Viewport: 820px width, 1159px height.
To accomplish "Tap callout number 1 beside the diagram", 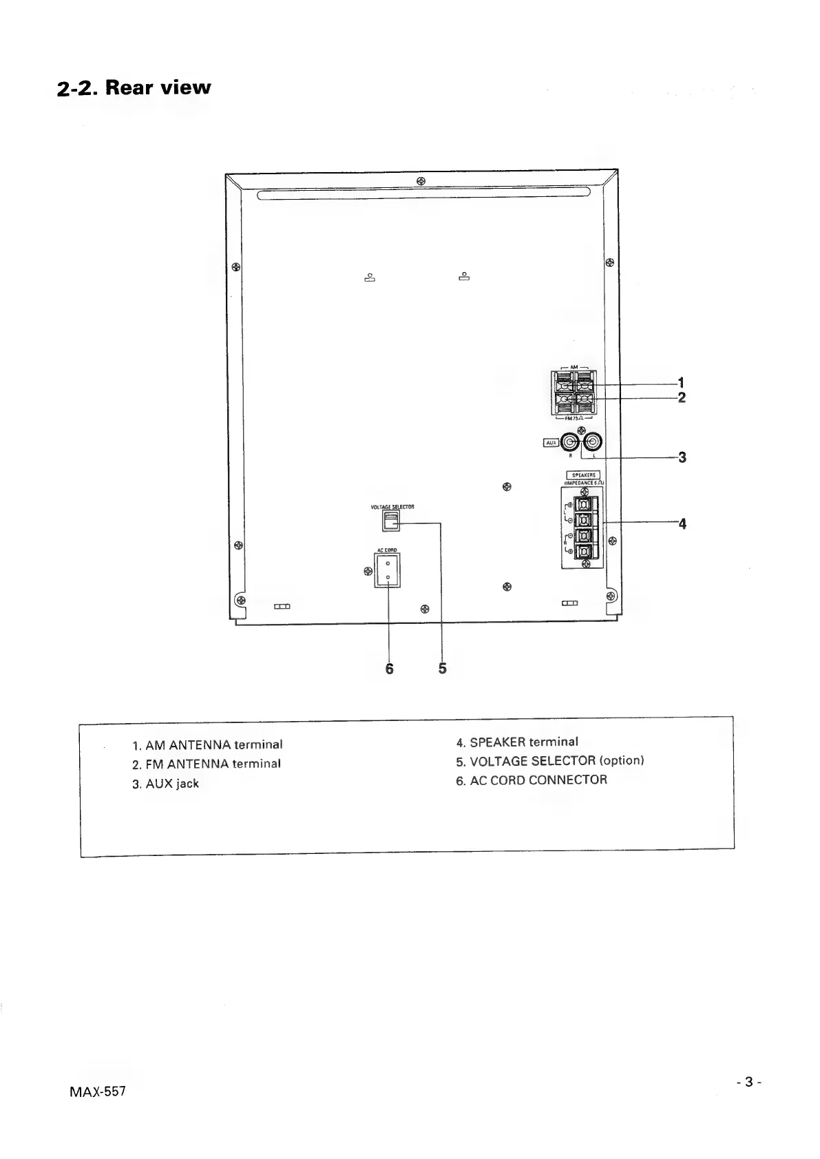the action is pos(681,382).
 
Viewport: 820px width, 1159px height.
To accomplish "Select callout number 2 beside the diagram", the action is pos(681,397).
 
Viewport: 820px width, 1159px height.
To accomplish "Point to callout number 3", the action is pos(682,457).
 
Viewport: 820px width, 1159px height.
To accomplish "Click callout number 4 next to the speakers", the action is pos(682,523).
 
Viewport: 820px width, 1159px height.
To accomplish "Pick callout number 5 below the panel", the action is pos(442,668).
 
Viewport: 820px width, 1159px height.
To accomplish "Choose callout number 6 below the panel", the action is pos(389,668).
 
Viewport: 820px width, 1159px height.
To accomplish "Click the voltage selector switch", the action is pos(390,521).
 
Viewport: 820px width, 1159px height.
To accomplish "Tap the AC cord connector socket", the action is pos(388,571).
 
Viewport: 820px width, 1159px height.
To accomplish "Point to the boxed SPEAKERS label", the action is pos(584,474).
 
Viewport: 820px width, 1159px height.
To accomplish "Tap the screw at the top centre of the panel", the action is pos(421,181).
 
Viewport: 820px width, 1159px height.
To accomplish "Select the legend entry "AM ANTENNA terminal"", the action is pos(207,744).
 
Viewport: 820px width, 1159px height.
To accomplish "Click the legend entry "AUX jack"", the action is pos(165,784).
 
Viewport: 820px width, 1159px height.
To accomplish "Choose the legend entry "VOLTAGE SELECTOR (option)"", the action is pos(550,761).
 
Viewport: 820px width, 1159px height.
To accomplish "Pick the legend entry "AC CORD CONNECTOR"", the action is pos(532,780).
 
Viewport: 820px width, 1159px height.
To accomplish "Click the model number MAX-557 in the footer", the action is pos(97,1093).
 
